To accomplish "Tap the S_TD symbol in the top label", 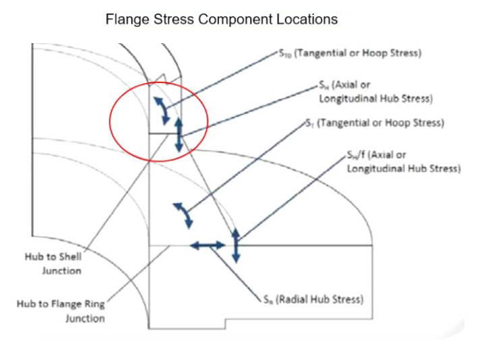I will tap(284, 55).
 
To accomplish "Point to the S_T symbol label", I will tap(309, 124).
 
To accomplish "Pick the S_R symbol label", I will tap(269, 299).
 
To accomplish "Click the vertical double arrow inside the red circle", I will tap(179, 133).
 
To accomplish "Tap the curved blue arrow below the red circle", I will tap(183, 215).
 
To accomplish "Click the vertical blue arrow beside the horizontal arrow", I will tap(235, 246).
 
